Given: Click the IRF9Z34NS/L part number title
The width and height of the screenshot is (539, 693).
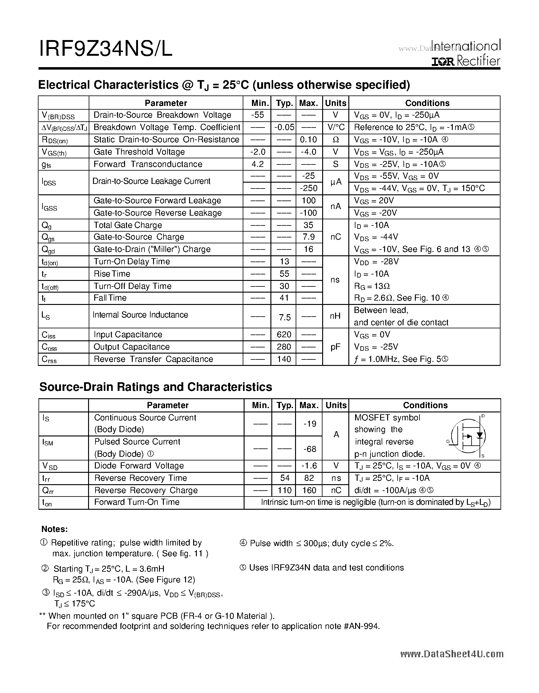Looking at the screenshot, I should coord(106,50).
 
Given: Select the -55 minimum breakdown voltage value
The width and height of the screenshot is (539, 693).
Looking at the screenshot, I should coord(257,115).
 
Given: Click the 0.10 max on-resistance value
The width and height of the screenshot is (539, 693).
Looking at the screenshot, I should coord(308,140).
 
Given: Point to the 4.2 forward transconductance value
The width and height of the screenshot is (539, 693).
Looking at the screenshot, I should coord(257,164).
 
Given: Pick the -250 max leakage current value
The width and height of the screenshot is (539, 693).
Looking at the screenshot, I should coord(308,188).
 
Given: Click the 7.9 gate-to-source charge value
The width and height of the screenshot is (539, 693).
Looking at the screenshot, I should coord(308,237).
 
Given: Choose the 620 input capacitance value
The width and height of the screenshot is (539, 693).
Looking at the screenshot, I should coord(284,335).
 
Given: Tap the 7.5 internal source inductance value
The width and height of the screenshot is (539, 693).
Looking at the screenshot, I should coord(285,317).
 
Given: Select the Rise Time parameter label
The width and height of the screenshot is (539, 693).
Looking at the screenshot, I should coord(112,274).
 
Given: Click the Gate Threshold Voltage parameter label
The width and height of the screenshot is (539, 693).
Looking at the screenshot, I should coord(139,152).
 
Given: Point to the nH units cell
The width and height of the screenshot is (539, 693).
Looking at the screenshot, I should coord(335,316).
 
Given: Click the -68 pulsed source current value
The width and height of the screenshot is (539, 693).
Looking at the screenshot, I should coord(309,449).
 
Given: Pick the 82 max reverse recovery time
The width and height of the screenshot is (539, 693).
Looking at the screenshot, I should coord(309,478).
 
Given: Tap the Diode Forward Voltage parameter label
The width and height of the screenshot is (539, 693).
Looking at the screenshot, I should coord(139,466).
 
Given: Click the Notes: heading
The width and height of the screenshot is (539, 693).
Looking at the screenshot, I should coord(55,529).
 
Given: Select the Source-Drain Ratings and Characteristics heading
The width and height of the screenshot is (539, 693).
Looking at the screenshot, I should coord(156,387).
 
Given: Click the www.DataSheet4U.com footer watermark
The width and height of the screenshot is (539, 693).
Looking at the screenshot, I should coord(452,654).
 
